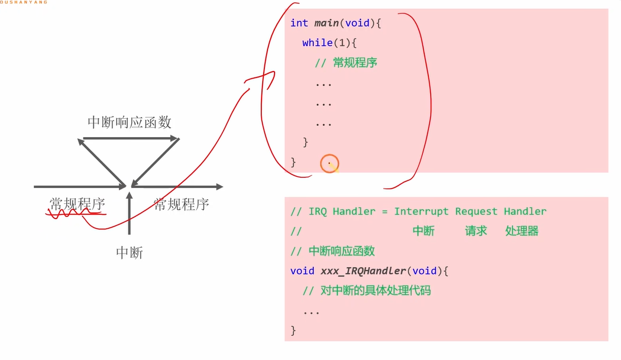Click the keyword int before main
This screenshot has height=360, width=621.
click(299, 23)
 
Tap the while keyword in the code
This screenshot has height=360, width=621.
click(316, 43)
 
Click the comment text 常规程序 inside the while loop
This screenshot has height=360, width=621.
click(355, 63)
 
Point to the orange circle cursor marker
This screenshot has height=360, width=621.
click(329, 164)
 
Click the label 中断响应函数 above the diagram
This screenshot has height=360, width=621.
click(130, 122)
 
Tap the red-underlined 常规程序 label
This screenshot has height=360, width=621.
click(77, 205)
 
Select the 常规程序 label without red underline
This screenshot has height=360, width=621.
click(182, 205)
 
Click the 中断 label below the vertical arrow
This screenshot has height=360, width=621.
click(130, 253)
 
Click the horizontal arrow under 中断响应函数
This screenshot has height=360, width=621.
click(130, 139)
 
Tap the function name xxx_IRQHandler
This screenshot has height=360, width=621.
click(363, 271)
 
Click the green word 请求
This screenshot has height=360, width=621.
click(476, 231)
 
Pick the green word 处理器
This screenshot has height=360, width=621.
click(522, 231)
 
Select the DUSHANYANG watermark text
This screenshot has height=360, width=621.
click(24, 2)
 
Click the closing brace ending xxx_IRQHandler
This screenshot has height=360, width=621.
click(293, 330)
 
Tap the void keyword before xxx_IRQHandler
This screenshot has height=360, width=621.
click(302, 271)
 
